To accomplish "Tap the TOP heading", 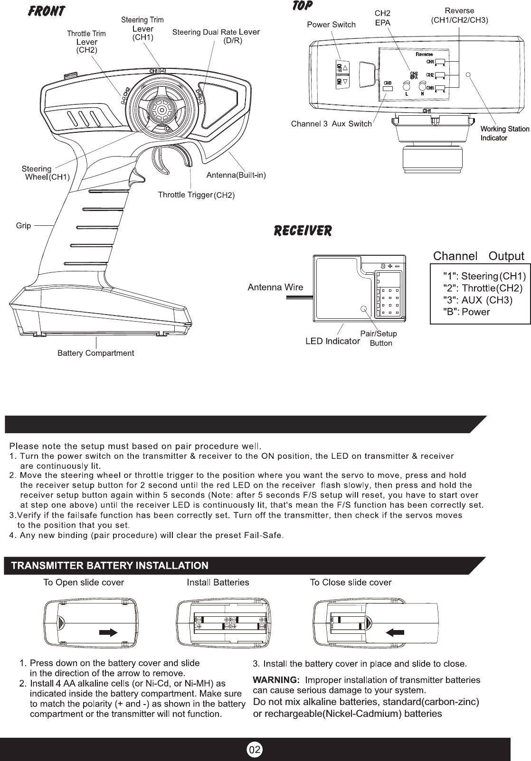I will click(303, 6).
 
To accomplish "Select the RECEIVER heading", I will click(303, 231).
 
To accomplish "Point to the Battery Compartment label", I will click(95, 353).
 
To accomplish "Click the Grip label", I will click(23, 225).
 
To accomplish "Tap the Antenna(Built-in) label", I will click(236, 176).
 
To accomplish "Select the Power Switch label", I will click(331, 25).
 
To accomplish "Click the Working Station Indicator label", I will click(498, 133).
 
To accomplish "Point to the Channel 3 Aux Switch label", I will click(331, 124).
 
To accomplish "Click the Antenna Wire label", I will click(275, 287).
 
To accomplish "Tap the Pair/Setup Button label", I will click(379, 338).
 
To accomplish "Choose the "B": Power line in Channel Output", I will click(466, 312).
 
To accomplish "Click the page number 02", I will click(255, 750).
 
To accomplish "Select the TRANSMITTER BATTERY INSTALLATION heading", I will click(110, 566).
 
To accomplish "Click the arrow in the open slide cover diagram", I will click(109, 631).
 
